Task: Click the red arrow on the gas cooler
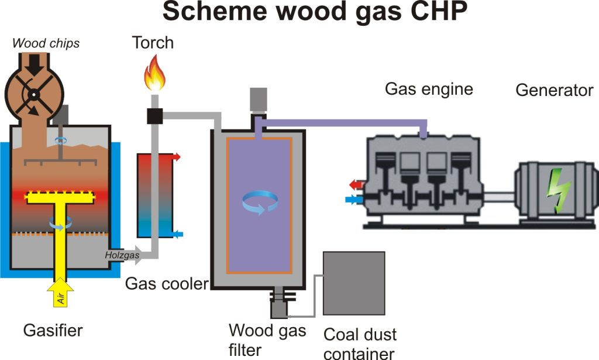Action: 177,157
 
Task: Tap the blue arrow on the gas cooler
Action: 177,234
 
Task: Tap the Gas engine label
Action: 429,89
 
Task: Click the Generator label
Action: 554,91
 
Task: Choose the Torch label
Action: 153,43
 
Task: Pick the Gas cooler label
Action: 167,284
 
